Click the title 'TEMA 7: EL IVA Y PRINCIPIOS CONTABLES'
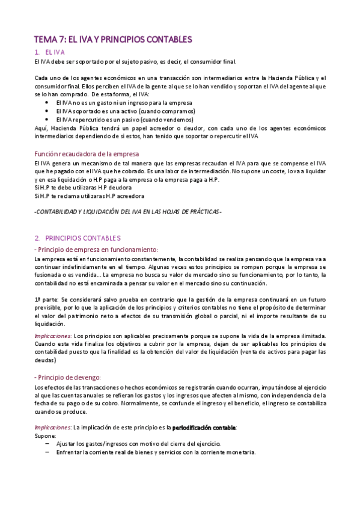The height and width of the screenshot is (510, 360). pos(113,40)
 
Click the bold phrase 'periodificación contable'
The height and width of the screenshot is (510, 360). pos(204,427)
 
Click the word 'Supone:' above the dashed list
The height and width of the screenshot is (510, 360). pos(45,435)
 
